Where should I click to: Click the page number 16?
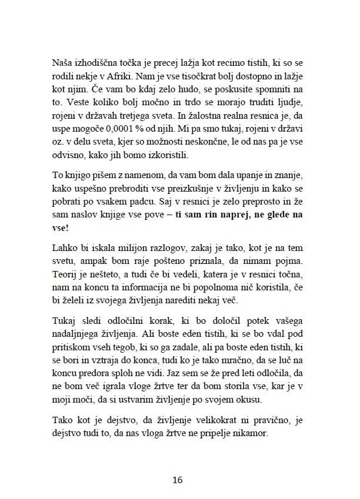pyautogui.click(x=178, y=479)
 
